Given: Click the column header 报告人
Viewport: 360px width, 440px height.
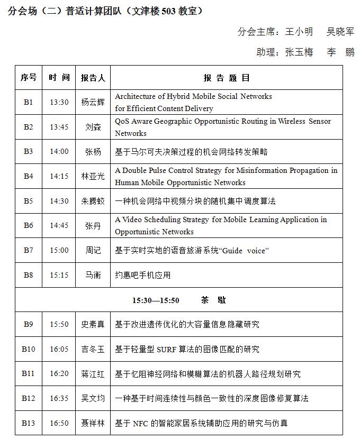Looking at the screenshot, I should pos(93,78).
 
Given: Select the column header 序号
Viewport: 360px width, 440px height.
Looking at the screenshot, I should pos(29,78).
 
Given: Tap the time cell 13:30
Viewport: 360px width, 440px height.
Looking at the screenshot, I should pos(59,102).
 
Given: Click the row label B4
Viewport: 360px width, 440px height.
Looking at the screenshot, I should pos(29,176).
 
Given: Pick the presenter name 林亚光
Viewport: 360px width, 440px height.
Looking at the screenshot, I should pos(93,177).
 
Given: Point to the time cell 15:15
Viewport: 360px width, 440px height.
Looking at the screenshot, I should pos(59,275).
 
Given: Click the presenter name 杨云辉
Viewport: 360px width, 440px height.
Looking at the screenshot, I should pos(93,103).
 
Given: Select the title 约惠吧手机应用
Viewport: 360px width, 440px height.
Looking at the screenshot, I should pos(142,276).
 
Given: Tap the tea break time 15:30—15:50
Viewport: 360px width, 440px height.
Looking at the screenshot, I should pos(156,300).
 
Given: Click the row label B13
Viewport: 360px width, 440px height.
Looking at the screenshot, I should pos(29,423).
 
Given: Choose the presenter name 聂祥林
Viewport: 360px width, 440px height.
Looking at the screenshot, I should pos(93,423).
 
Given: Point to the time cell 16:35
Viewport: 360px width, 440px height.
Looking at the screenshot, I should pos(59,398).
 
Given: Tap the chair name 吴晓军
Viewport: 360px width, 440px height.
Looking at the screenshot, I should pos(340,32).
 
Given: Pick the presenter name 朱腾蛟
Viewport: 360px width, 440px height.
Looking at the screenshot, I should pos(93,201).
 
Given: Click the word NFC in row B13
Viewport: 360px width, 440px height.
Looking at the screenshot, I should pos(140,423).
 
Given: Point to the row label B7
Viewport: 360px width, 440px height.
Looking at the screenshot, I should pos(29,250).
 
